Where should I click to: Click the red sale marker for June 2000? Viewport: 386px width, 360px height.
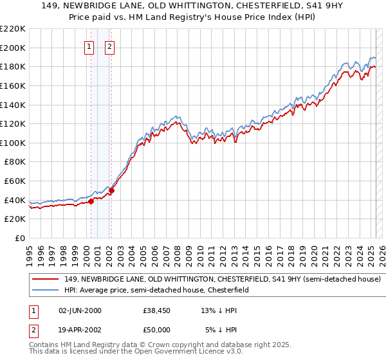[x=91, y=201]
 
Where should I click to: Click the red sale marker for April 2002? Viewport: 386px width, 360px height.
[x=111, y=190]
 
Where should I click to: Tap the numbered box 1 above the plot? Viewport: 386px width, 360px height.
[x=89, y=46]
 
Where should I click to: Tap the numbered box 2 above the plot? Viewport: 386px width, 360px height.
[x=110, y=46]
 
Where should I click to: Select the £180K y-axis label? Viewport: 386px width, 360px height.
[x=13, y=66]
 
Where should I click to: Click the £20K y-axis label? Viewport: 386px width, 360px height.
[x=15, y=219]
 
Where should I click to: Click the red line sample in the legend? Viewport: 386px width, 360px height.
[x=46, y=280]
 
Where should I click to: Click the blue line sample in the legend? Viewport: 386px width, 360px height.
[x=46, y=291]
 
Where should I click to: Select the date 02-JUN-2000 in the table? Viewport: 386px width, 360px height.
[x=80, y=311]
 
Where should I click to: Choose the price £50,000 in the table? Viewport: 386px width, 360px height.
[x=157, y=330]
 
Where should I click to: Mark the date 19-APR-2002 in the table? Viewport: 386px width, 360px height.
[x=80, y=330]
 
